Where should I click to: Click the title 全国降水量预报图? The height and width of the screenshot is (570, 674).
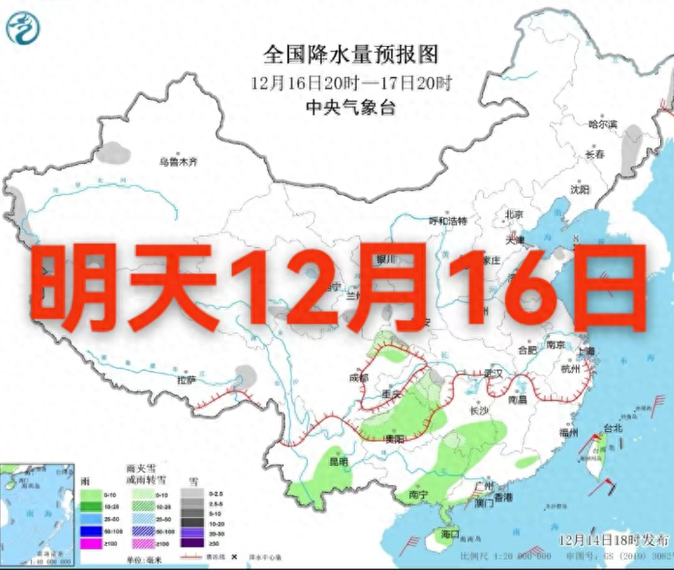(x=350, y=56)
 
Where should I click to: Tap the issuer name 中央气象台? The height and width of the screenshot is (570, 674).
(x=350, y=108)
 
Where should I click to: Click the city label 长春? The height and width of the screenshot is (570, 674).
(x=594, y=154)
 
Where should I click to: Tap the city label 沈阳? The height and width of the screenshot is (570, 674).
(x=579, y=188)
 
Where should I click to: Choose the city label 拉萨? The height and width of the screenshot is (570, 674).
(x=186, y=380)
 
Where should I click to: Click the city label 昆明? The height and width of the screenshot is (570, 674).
(x=338, y=461)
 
